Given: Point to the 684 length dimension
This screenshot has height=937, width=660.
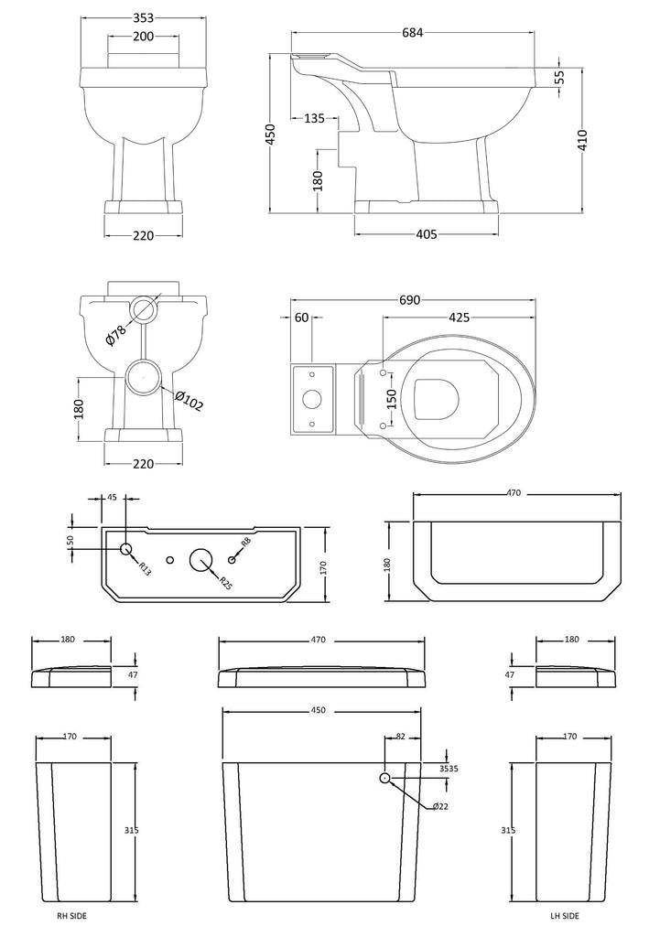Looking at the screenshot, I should [x=411, y=33].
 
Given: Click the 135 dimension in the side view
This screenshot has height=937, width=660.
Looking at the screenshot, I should [x=314, y=117].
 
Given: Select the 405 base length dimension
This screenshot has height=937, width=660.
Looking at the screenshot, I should [x=425, y=235].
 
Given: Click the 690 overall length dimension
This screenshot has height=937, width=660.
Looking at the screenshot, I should [x=410, y=300].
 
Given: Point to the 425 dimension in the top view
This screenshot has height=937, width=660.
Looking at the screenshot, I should [x=459, y=318].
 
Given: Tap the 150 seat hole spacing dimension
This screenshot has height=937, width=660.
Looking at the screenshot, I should [x=391, y=397].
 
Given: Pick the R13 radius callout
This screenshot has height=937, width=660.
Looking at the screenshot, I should [x=146, y=568].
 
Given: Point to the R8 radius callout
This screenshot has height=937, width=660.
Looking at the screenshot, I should [x=245, y=543].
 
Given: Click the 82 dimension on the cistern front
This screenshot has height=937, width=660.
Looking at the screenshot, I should [x=401, y=737].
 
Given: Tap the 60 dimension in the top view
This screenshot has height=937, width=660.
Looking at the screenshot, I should [x=301, y=318].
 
